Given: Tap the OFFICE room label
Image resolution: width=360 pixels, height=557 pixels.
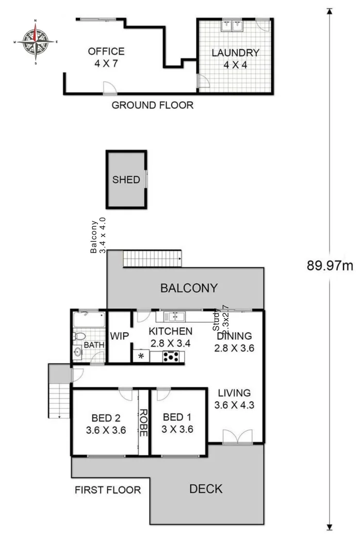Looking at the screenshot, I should pos(106,52).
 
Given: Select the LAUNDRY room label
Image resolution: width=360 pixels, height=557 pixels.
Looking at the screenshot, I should pos(235,53).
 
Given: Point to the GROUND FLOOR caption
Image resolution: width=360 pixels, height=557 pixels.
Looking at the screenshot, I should pos(153,106).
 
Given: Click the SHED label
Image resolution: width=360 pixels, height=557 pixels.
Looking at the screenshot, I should pos(126,179).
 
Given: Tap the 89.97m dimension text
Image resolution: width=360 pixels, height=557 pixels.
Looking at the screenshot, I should pos(330,266).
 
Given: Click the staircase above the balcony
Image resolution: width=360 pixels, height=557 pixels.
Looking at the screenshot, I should pos(153,258).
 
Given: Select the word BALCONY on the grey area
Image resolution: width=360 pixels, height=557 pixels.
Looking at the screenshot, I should pos(189,288).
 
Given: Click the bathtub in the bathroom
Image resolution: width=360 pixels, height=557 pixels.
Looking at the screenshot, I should pos(88,320).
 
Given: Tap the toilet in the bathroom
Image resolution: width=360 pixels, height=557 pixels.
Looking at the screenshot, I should pos(78,336).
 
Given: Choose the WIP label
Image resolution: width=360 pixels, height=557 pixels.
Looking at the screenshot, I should pos(119,336).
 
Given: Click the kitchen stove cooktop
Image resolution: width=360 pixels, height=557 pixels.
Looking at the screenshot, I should pos(171,356).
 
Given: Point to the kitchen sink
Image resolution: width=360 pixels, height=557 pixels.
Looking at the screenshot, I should pos(175,316).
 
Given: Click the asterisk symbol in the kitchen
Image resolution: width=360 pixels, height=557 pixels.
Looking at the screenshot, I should pos(140,356).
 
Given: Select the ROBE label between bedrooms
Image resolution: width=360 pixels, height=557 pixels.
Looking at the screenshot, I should pos(144,423).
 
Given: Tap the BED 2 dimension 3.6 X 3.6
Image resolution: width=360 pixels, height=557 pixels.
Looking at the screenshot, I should pos(106,430).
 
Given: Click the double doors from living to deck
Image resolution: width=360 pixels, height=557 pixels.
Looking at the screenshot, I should pos(237,436).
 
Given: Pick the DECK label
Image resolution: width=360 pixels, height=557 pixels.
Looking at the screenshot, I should pos(206,488).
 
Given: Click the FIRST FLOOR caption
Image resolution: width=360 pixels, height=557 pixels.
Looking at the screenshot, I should pos(108,490).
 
